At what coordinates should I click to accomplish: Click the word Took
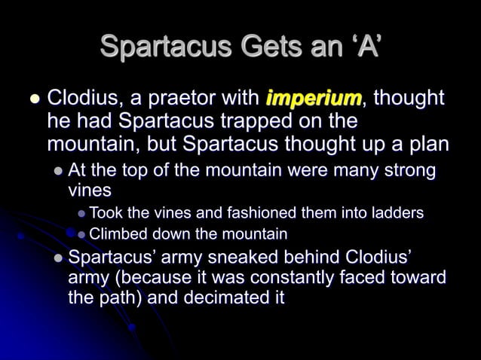click(106, 213)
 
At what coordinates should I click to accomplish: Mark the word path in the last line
click(121, 297)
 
